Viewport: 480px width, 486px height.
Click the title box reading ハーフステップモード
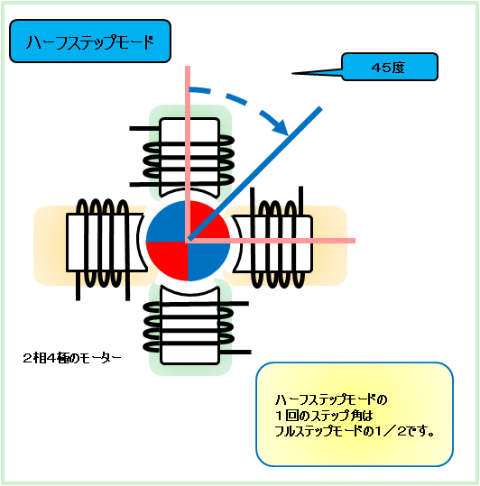[x=90, y=41]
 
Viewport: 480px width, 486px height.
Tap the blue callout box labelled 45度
[x=390, y=67]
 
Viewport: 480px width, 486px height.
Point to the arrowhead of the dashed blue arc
[x=281, y=127]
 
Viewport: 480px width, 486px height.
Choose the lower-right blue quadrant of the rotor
[x=207, y=259]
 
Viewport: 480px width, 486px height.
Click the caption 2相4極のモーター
[x=72, y=358]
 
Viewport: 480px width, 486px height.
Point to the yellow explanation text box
[x=355, y=414]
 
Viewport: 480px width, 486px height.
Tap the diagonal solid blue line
[x=255, y=173]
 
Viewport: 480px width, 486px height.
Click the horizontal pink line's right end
[x=355, y=241]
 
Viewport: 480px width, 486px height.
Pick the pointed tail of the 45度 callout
[x=292, y=73]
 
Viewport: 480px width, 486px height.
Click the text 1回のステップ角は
[x=324, y=416]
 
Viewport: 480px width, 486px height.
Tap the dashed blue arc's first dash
[x=200, y=90]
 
